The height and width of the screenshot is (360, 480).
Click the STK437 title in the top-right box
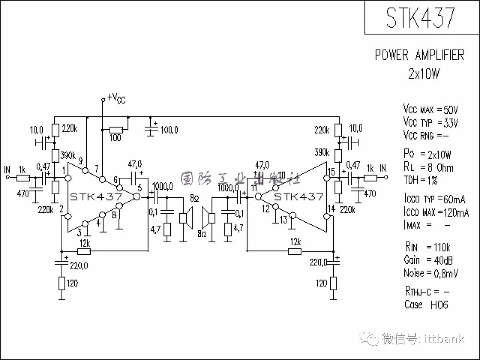(x=420, y=18)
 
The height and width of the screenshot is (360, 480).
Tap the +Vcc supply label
(x=116, y=98)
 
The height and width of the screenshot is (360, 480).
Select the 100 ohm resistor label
(x=115, y=138)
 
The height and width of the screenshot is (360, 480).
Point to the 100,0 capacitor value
(x=169, y=130)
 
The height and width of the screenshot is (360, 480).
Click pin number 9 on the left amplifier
(x=80, y=160)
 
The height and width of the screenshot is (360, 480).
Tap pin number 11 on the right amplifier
(x=254, y=187)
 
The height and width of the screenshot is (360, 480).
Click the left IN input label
(x=7, y=170)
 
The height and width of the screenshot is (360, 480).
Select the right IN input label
(x=383, y=168)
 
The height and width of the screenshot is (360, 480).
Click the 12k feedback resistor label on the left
(x=85, y=243)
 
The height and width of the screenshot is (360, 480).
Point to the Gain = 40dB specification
(x=431, y=260)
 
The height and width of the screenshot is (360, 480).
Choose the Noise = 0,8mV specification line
(x=431, y=273)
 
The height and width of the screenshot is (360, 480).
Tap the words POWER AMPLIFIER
(x=419, y=55)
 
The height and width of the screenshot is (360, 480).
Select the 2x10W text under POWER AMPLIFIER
(x=424, y=74)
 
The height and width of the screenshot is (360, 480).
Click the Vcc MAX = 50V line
(x=430, y=109)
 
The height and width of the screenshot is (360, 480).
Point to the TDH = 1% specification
(x=420, y=180)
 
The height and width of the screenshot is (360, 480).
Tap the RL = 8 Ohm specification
(x=428, y=168)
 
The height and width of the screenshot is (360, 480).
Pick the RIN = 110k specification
(x=428, y=247)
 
